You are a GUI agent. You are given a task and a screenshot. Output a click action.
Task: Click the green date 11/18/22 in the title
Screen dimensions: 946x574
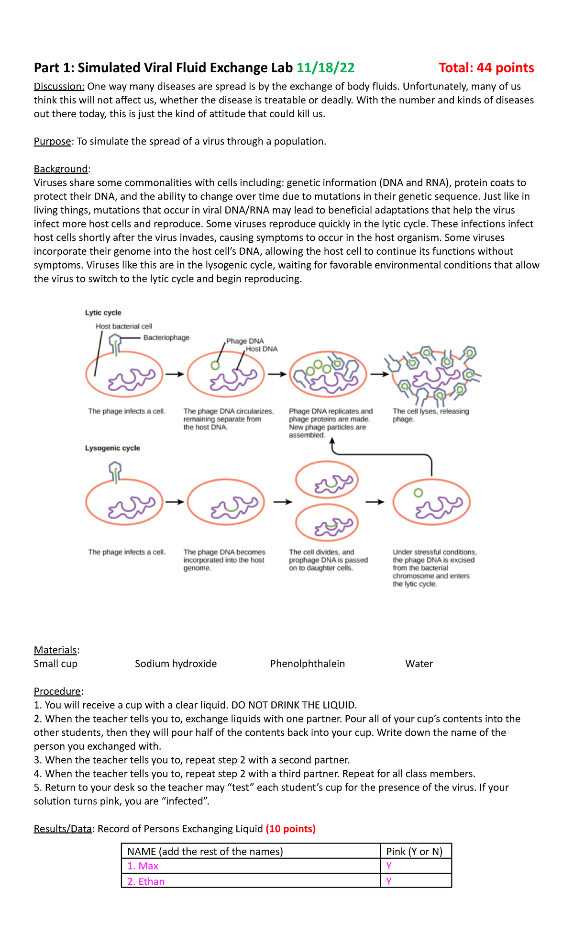(x=325, y=68)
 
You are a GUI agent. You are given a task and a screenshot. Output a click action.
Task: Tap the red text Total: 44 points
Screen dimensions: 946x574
(x=486, y=68)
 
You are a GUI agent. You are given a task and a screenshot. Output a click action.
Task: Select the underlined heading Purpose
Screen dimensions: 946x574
(x=52, y=141)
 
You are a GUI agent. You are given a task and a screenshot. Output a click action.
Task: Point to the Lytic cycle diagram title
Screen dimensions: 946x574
(x=103, y=313)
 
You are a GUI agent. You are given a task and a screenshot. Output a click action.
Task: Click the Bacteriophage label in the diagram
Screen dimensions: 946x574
(x=166, y=338)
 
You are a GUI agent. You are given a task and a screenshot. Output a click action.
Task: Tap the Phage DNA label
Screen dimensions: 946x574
(x=245, y=341)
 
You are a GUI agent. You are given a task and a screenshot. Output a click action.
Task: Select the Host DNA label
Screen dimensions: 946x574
(x=262, y=349)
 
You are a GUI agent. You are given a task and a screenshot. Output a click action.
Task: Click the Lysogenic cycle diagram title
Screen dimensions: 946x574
(x=112, y=448)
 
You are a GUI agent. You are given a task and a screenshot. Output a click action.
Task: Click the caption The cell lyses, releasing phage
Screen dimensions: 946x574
(x=430, y=415)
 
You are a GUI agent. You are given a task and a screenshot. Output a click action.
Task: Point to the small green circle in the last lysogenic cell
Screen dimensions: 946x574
(x=418, y=493)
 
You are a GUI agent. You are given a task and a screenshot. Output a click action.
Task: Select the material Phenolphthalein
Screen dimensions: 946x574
(x=307, y=664)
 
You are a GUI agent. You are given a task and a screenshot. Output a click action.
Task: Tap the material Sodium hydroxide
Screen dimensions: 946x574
(x=176, y=664)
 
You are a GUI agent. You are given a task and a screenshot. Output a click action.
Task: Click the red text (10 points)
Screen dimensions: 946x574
(x=290, y=829)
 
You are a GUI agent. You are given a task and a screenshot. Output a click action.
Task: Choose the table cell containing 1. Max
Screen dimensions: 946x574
(x=251, y=866)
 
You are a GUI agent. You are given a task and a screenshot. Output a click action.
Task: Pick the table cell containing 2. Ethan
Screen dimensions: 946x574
(x=251, y=881)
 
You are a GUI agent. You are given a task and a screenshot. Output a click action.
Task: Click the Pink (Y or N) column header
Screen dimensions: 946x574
(x=414, y=851)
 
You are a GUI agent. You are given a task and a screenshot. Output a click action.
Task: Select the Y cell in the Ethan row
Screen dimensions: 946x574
(x=415, y=881)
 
